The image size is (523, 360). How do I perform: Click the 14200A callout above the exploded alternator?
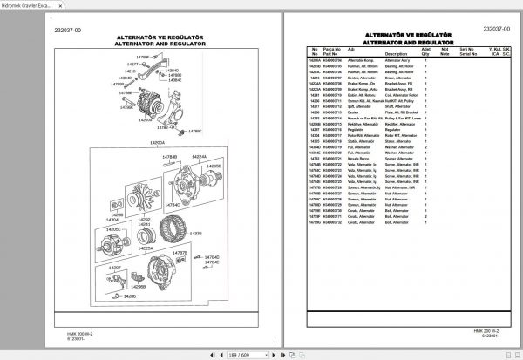[157, 142]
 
